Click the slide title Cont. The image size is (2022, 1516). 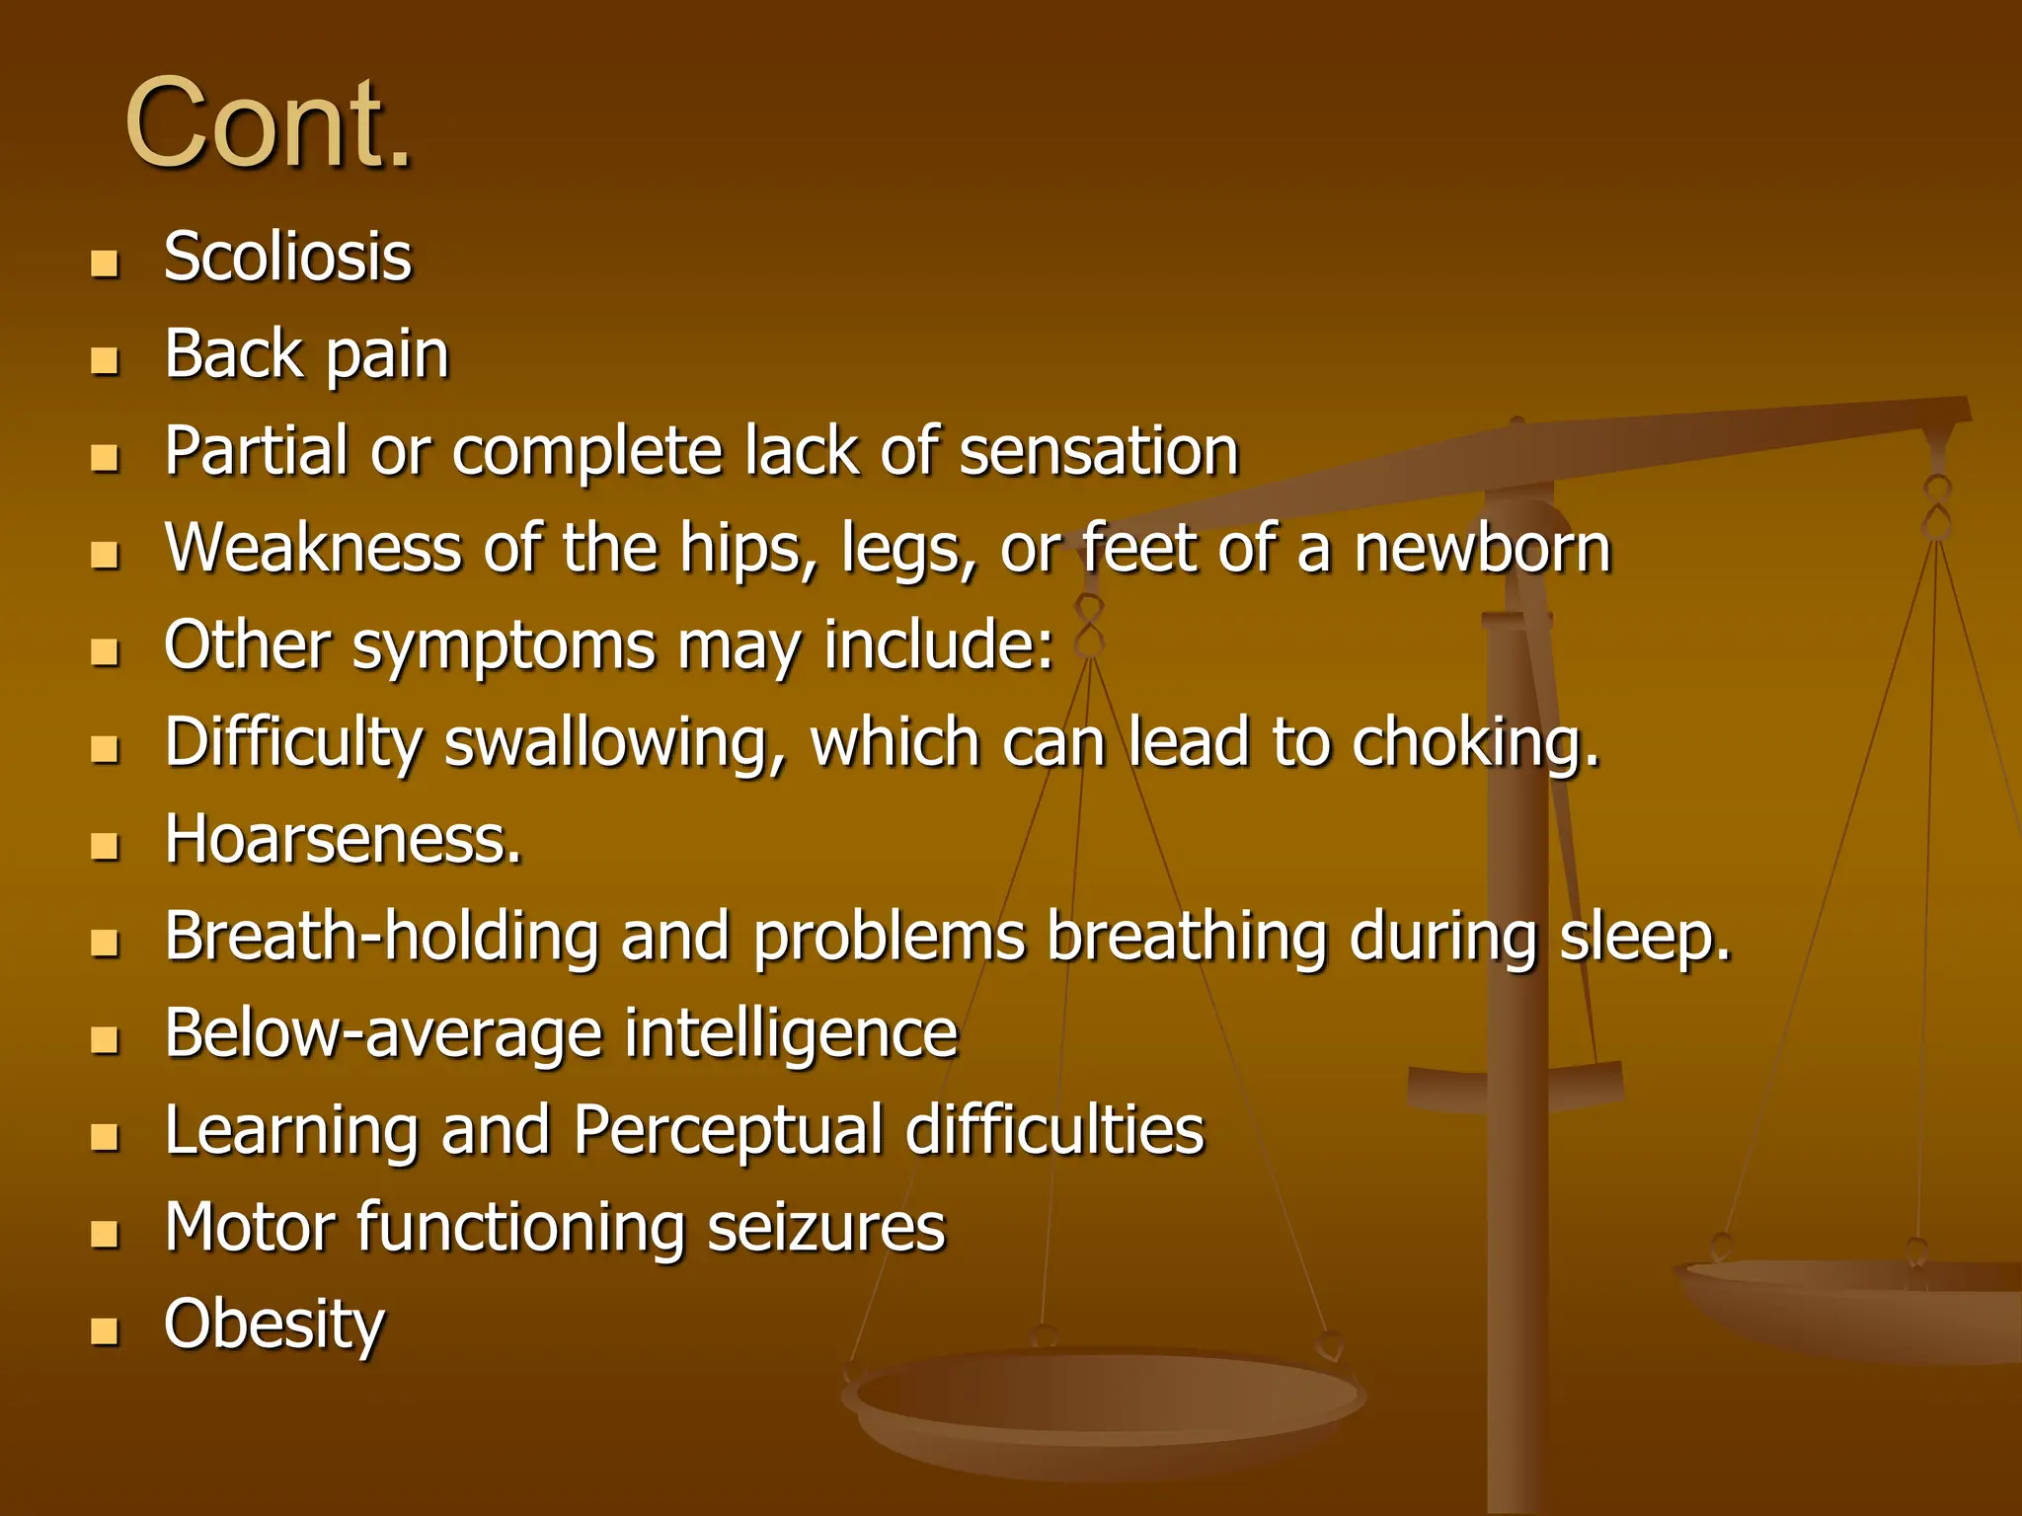coord(269,124)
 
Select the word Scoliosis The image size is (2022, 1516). coord(287,257)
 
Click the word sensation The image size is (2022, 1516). coord(1099,451)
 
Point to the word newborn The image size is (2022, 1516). coord(1482,548)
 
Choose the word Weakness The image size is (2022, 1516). coord(313,548)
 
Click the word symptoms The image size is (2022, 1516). coord(504,646)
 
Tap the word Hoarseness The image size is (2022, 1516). coord(343,840)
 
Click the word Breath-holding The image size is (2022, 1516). coord(381,936)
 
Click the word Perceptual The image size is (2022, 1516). coord(729,1130)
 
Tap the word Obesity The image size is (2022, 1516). coord(274,1325)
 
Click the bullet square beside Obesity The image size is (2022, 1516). coord(105,1331)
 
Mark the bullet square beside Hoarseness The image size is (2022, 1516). coord(105,846)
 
